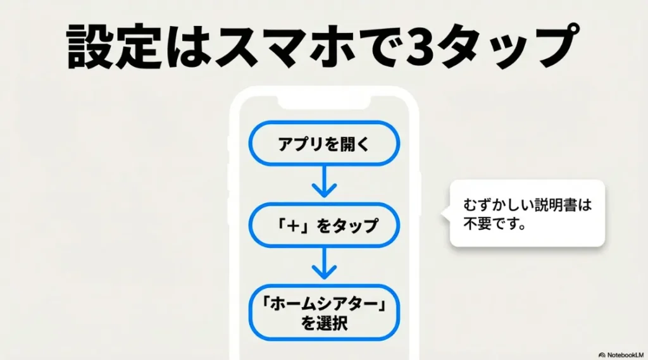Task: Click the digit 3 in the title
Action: coord(422,46)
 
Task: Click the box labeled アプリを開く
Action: coord(323,144)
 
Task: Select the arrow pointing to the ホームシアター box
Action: coord(323,264)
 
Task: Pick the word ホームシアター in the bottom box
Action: coord(323,305)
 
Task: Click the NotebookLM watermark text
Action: coord(623,354)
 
